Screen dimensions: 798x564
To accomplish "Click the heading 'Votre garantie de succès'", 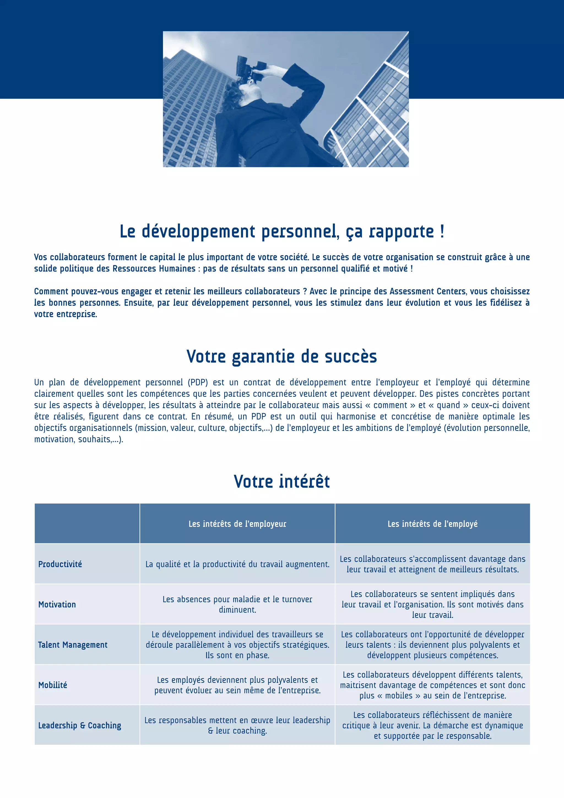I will pos(282,357).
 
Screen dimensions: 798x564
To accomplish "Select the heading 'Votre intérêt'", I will pos(282,481).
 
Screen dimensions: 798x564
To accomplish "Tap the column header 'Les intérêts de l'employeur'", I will pos(237,524).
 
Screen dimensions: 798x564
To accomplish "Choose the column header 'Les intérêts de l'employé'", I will pos(432,524).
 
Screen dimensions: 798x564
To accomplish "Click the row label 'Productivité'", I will pos(60,564).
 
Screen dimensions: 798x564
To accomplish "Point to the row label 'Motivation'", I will pos(57,604).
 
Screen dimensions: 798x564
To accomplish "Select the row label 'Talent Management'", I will pos(73,645).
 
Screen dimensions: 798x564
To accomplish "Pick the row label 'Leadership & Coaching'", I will pos(80,725).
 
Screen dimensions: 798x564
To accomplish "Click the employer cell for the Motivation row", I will pos(237,604).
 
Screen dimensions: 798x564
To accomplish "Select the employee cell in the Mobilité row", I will pos(432,685).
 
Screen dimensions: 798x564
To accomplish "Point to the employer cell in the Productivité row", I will pos(237,564).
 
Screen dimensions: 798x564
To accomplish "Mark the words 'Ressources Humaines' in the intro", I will pos(154,269).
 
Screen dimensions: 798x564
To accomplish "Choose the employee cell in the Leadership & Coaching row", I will pos(432,725).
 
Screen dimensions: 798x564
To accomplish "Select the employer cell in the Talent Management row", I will pos(237,645).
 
